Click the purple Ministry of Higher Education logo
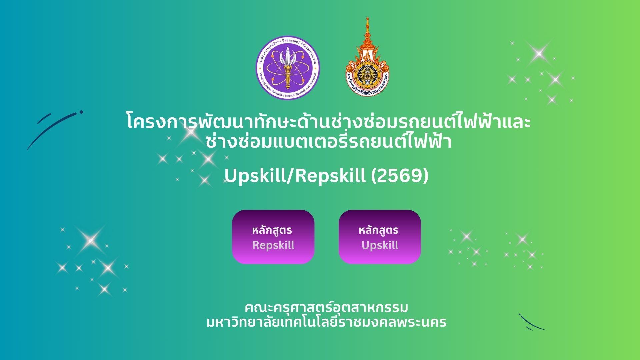(x=288, y=68)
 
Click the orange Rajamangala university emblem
(x=368, y=57)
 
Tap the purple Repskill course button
(x=273, y=237)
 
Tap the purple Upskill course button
(x=380, y=237)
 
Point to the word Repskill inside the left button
(x=273, y=245)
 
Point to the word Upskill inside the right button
(x=380, y=245)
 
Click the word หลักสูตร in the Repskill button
(x=272, y=230)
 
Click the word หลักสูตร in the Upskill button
(x=379, y=230)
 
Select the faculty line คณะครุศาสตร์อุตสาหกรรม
(x=326, y=307)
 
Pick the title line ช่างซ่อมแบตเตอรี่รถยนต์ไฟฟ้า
(x=329, y=141)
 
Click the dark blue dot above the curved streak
(x=81, y=112)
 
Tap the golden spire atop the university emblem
(x=368, y=32)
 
